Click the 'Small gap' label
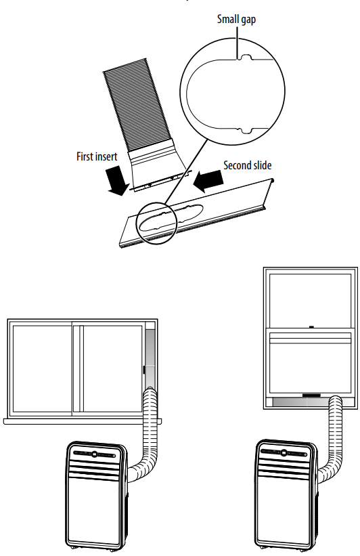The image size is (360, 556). (236, 19)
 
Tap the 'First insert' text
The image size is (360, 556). (97, 156)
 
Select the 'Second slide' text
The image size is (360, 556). (247, 165)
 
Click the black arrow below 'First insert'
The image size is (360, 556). (117, 180)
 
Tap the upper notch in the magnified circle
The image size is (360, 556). (245, 58)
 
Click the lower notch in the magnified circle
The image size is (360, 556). (245, 131)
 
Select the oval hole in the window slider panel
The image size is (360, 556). (172, 217)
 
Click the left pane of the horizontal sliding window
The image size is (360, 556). (42, 369)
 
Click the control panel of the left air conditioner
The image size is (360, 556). (95, 454)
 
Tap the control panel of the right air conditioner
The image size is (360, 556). (284, 452)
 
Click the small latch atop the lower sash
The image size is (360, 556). (312, 327)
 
